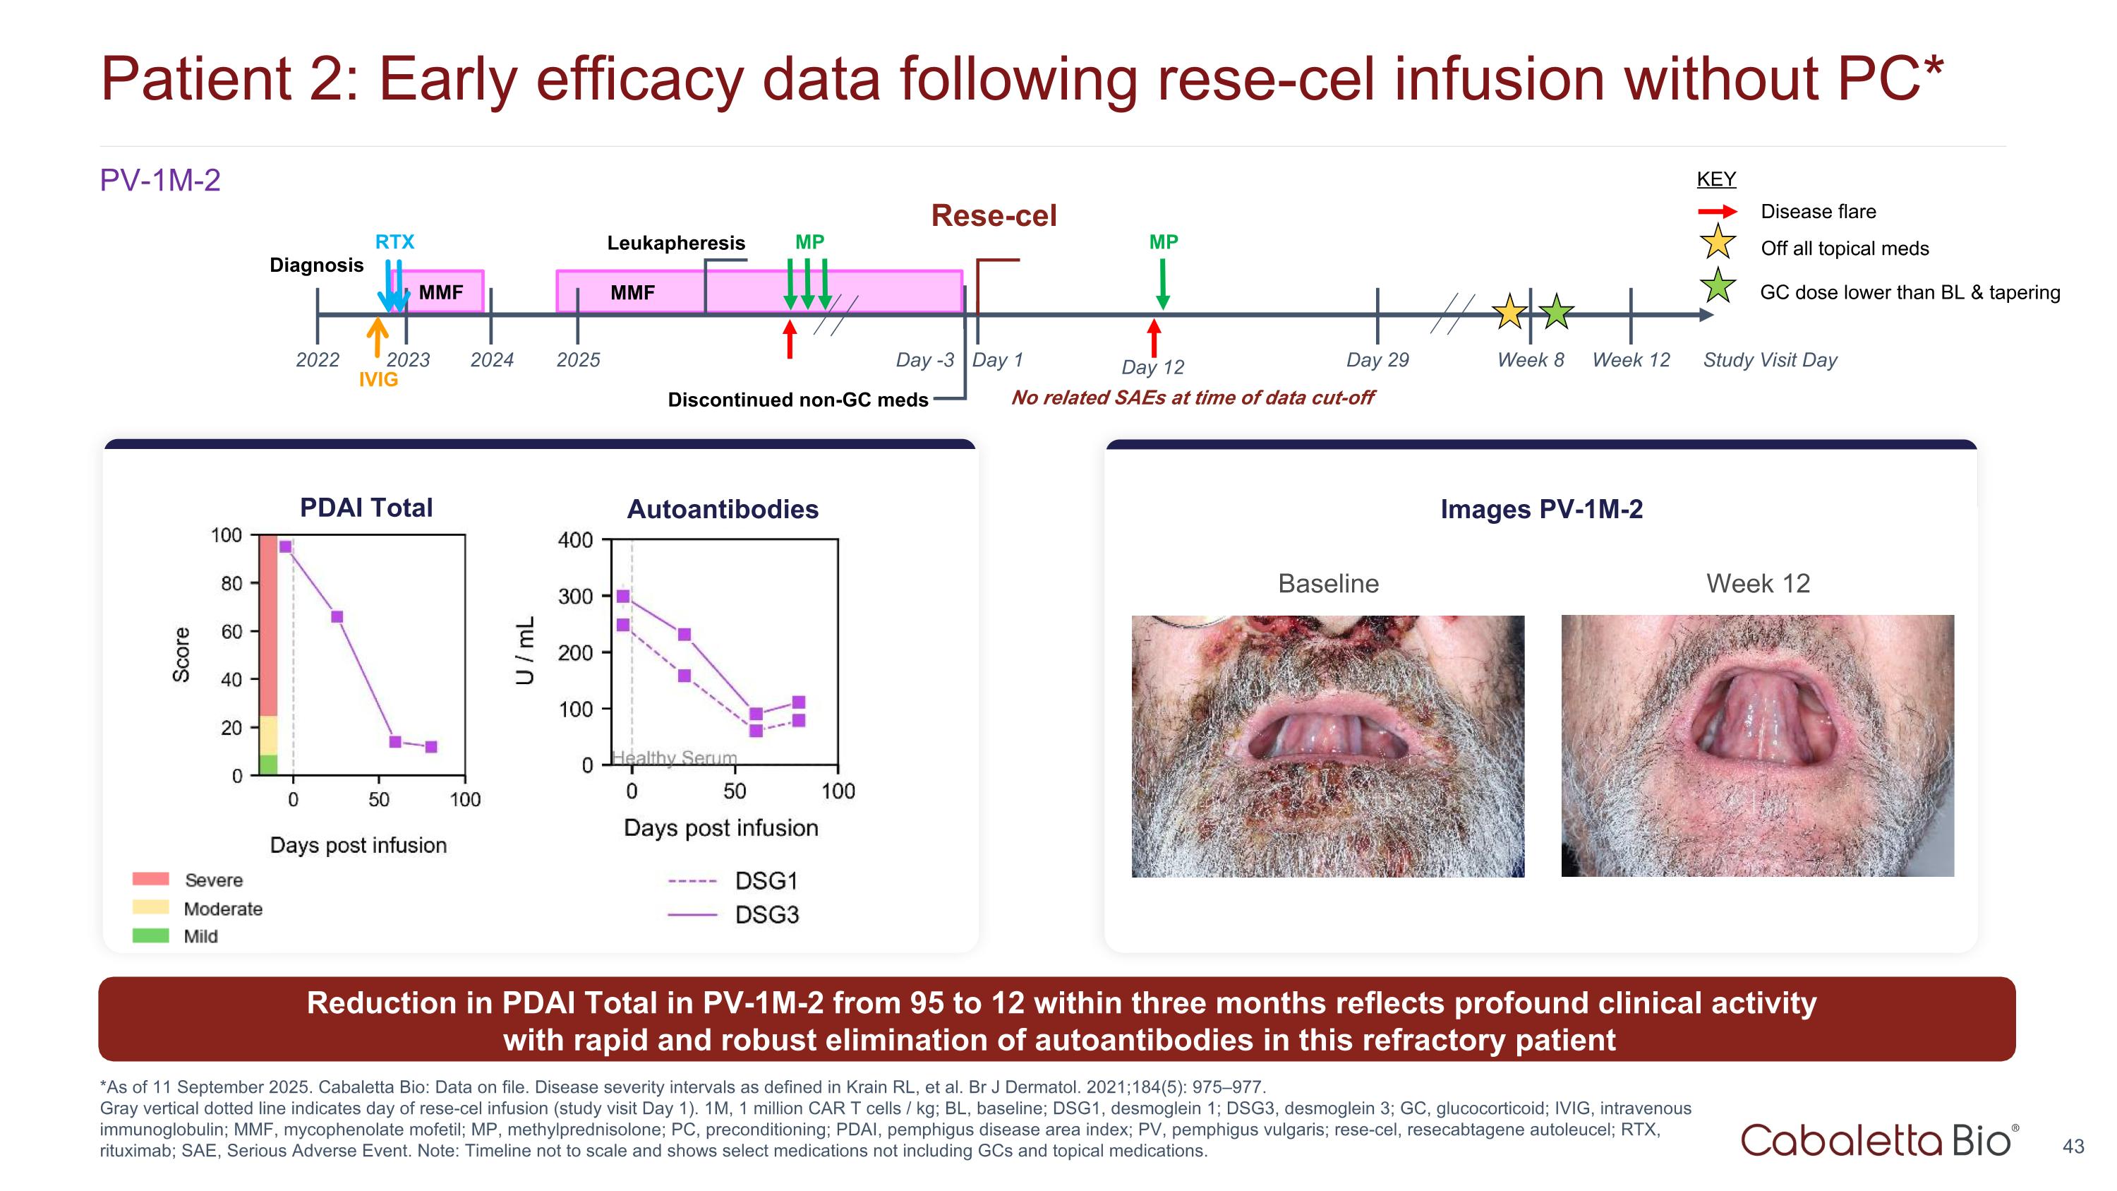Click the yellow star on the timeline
[x=1509, y=312]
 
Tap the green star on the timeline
[x=1556, y=312]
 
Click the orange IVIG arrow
[x=378, y=337]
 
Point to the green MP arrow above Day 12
[x=1163, y=284]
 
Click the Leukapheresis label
[x=675, y=244]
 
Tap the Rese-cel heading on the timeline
[x=994, y=215]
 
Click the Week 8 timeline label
[x=1530, y=360]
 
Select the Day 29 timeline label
[x=1377, y=360]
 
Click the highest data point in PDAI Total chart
[x=285, y=546]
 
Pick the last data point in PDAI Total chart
[x=431, y=746]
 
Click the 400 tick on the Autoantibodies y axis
[x=575, y=540]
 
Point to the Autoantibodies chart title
[x=723, y=510]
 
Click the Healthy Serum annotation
[x=675, y=758]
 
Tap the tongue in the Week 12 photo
[x=1759, y=724]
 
